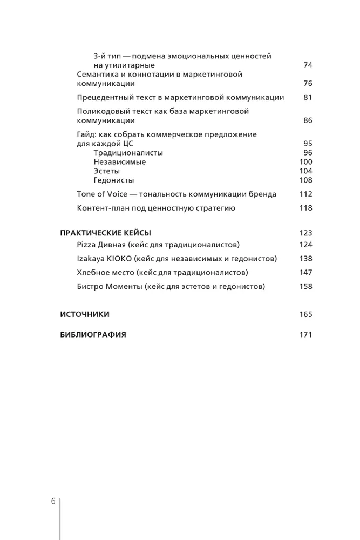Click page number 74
click(x=308, y=65)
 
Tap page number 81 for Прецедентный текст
click(x=308, y=98)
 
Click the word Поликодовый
click(x=99, y=111)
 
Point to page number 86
click(x=308, y=120)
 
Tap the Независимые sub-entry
click(x=119, y=162)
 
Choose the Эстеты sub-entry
click(x=107, y=171)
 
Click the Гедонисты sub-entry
click(x=113, y=180)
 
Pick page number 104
click(x=305, y=171)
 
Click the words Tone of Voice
click(x=100, y=194)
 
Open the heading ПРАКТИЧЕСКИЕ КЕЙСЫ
click(x=105, y=233)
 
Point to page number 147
click(x=305, y=273)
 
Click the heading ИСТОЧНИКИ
click(x=85, y=314)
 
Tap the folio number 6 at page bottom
click(x=53, y=501)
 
